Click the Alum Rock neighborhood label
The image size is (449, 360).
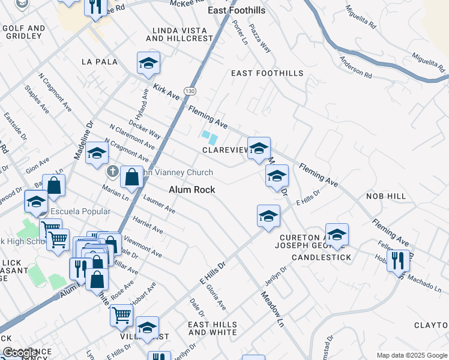pos(192,189)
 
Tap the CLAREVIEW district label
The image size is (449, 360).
pos(225,150)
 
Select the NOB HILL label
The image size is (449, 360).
pos(385,196)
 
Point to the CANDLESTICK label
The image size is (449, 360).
pos(321,257)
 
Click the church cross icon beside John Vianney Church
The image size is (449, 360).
pos(112,172)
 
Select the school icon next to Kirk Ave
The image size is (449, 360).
pos(148,64)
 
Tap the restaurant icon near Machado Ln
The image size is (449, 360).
pos(397,260)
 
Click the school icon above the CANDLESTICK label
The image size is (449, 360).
pos(337,235)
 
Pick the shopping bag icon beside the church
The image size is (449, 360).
pos(131,177)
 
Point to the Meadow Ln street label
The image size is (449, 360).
pos(272,309)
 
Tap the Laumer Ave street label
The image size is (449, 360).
pos(159,205)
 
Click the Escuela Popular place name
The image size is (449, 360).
pos(80,212)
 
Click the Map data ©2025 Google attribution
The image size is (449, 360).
pos(411,355)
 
